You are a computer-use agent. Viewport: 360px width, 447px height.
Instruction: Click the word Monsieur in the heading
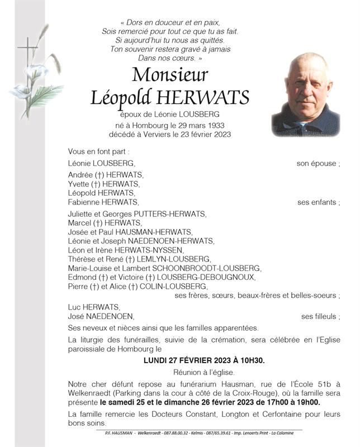click(169, 74)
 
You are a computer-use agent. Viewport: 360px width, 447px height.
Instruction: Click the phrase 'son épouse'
click(316, 163)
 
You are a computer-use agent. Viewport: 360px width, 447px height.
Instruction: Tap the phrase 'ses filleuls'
click(319, 317)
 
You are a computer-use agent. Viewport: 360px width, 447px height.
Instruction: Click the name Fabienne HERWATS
click(102, 202)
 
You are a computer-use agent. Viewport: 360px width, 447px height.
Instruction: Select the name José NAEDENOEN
click(101, 317)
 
